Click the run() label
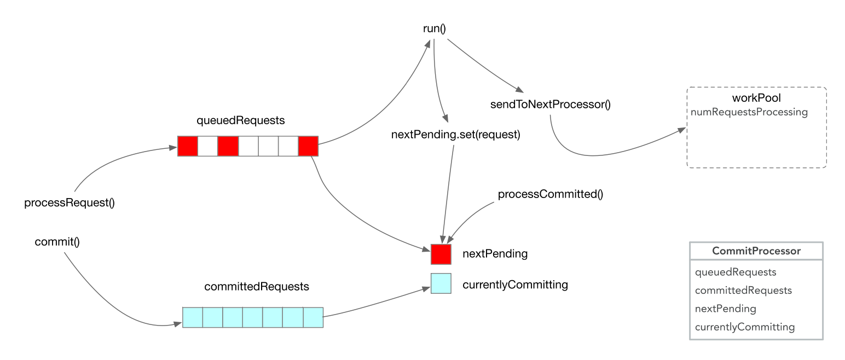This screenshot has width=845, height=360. coord(435,28)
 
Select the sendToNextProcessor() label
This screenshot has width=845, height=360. coord(551,104)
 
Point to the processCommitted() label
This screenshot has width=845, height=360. coord(550,194)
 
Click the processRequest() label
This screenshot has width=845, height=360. coord(70,203)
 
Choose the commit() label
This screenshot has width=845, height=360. coord(57,241)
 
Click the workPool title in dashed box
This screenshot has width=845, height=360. coord(756,99)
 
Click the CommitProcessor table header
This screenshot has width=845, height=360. coord(756,251)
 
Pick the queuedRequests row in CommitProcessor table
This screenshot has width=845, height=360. coord(736,272)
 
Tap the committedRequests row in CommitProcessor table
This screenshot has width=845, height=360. coord(743,290)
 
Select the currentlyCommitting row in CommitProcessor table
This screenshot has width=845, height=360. coord(744,327)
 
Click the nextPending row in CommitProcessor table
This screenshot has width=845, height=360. coord(725,309)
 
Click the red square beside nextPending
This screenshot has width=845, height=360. coord(441,254)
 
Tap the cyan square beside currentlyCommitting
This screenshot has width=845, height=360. coord(441,283)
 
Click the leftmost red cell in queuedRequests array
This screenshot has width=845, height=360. coord(188,147)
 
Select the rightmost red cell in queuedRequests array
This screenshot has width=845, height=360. coord(308,147)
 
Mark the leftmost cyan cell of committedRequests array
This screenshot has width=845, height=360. coord(193,317)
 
